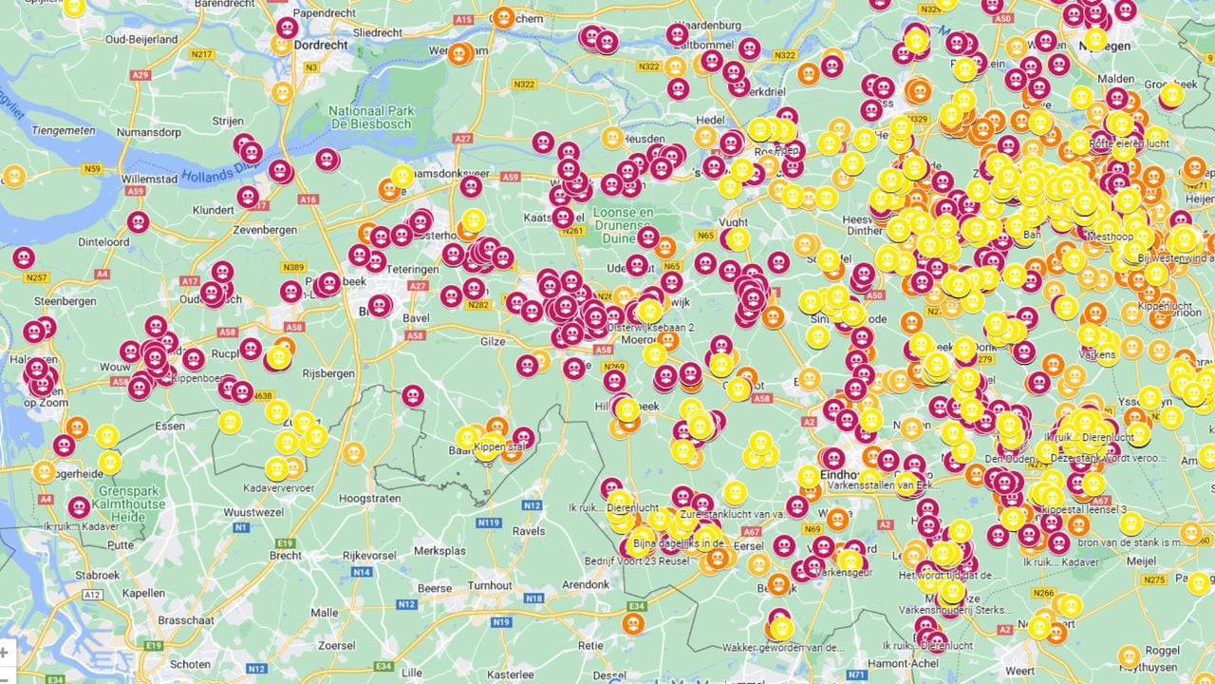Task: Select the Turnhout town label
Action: click(489, 586)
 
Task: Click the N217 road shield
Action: click(201, 54)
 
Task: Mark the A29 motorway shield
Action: click(141, 75)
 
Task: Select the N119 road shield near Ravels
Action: click(489, 523)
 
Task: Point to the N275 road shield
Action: click(1154, 579)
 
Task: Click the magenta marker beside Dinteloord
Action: click(138, 222)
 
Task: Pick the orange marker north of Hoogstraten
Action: click(353, 453)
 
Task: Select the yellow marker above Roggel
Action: click(1129, 656)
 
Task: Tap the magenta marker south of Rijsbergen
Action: click(412, 395)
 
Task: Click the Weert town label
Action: click(1020, 671)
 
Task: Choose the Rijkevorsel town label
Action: click(367, 554)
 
